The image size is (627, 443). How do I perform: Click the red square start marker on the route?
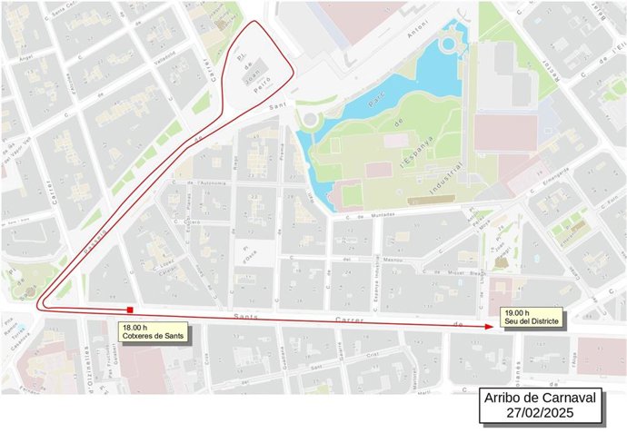tap(131, 310)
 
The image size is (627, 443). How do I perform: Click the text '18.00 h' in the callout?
tap(135, 328)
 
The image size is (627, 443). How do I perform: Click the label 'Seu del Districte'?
tap(530, 322)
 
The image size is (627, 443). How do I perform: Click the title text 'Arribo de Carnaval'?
tap(541, 399)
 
